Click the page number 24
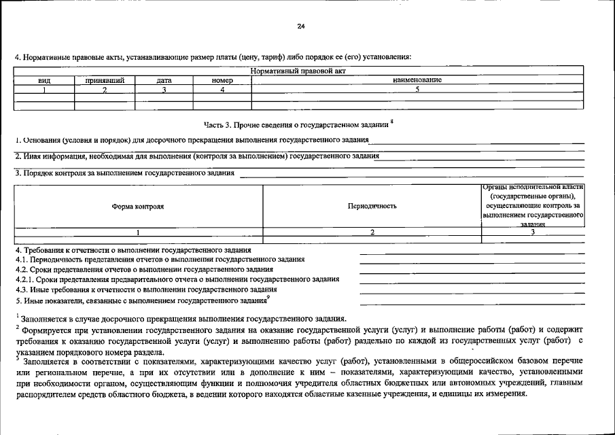[301, 27]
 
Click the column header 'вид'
[44, 80]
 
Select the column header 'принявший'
[105, 80]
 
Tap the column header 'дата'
[164, 80]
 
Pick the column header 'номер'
[222, 80]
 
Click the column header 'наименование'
[417, 80]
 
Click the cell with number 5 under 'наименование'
[417, 89]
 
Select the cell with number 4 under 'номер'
[222, 89]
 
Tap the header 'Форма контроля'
[138, 206]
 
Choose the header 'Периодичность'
[372, 206]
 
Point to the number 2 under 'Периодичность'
[372, 232]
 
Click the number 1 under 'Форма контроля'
[138, 232]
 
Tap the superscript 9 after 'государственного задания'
[268, 296]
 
